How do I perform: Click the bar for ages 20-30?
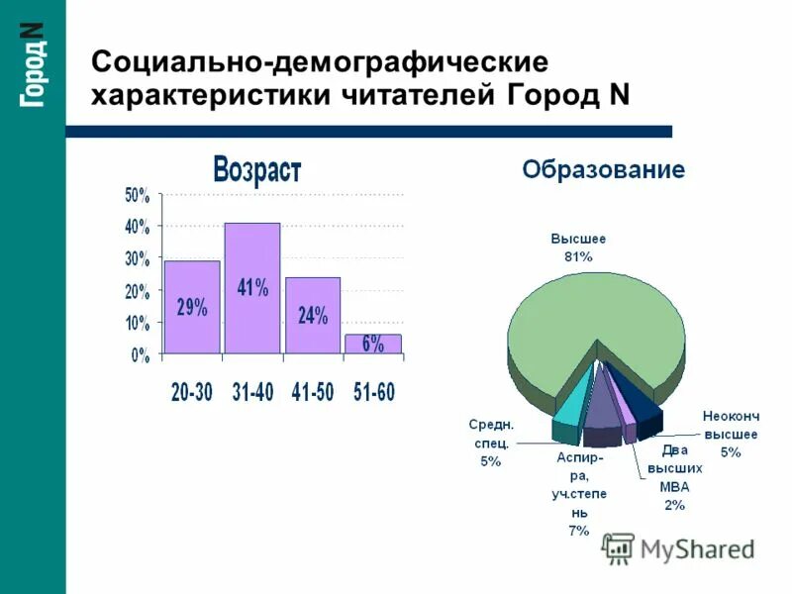[191, 307]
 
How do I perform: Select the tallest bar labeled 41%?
[251, 288]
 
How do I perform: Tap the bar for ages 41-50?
[312, 315]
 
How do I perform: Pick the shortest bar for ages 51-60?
[372, 344]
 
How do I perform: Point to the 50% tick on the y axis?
[137, 195]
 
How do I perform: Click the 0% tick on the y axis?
[141, 353]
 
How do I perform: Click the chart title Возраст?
[256, 169]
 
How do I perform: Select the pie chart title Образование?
[603, 169]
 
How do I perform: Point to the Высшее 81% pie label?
[578, 247]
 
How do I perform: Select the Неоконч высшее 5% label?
[730, 434]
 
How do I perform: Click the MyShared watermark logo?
[678, 547]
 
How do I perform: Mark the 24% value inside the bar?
[312, 315]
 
